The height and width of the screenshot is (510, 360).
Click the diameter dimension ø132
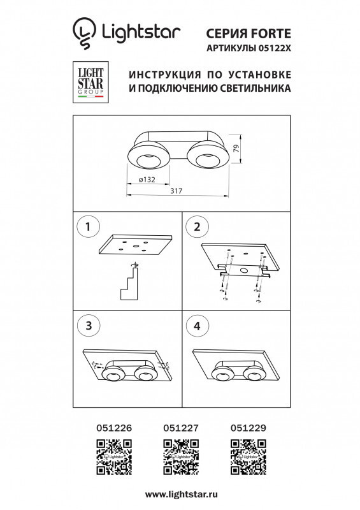148,180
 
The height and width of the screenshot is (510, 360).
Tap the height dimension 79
236,149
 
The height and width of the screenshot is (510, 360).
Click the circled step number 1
89,226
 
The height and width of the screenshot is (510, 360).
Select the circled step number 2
197,226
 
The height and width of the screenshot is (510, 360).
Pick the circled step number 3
89,326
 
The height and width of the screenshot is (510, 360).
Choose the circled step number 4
197,326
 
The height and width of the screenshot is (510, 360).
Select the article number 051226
113,430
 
